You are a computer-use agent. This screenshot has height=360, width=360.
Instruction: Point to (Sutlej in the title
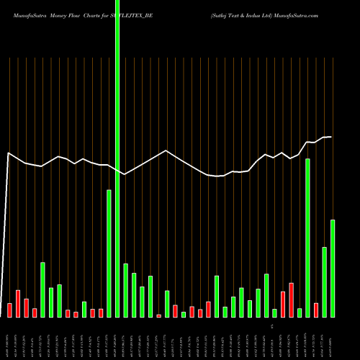(220, 14)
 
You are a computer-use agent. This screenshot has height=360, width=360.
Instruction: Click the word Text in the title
(238, 14)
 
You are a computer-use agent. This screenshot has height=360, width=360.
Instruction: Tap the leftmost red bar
(9, 310)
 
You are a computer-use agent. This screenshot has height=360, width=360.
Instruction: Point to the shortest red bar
(158, 315)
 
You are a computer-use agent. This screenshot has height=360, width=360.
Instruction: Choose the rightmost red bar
(316, 310)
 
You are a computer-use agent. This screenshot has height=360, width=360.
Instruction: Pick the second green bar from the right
(325, 282)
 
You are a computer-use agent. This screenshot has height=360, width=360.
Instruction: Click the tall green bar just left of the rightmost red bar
(307, 238)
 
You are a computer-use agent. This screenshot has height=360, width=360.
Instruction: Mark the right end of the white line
(332, 137)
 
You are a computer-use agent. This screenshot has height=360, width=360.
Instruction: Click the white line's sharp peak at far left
(9, 153)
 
